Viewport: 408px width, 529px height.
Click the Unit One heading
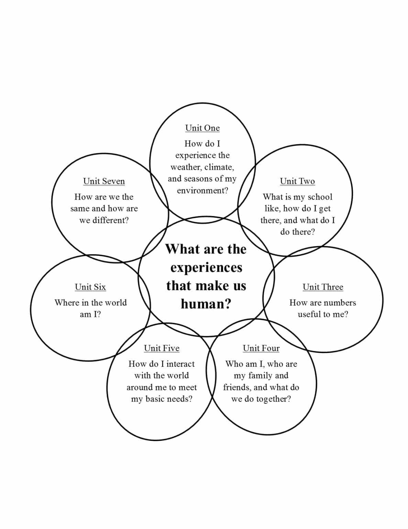(202, 128)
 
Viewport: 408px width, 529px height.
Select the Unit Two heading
(297, 181)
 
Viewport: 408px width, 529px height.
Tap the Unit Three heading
(323, 287)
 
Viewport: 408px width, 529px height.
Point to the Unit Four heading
(261, 349)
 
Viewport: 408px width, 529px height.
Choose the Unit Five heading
(162, 349)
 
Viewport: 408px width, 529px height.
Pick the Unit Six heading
(90, 287)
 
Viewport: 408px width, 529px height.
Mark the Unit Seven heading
(104, 181)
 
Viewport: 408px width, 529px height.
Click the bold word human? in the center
(206, 304)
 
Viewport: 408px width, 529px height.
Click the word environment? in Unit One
(202, 190)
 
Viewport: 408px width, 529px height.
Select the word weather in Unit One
(186, 167)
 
